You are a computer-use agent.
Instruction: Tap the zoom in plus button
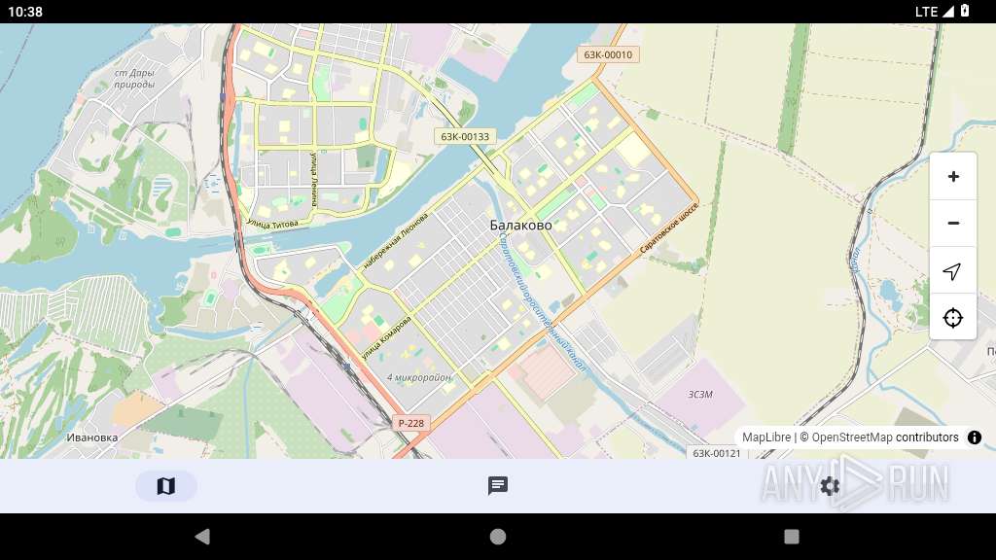click(953, 177)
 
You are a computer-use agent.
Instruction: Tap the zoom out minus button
click(953, 224)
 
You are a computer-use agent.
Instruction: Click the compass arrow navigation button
click(953, 270)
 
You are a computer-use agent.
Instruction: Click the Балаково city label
click(520, 226)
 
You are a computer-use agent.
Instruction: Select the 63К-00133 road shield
click(465, 137)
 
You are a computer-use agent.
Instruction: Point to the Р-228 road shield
click(411, 423)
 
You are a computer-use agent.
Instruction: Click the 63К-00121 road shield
click(717, 453)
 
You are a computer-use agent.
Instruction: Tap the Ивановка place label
click(92, 437)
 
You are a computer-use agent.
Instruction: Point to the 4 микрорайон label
click(419, 377)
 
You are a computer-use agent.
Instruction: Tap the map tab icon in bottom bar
click(166, 486)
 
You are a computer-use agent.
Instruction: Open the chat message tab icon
click(498, 486)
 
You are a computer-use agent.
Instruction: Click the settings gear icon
click(830, 486)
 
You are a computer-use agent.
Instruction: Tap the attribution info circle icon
click(975, 437)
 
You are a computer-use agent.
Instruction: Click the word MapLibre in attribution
click(766, 437)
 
